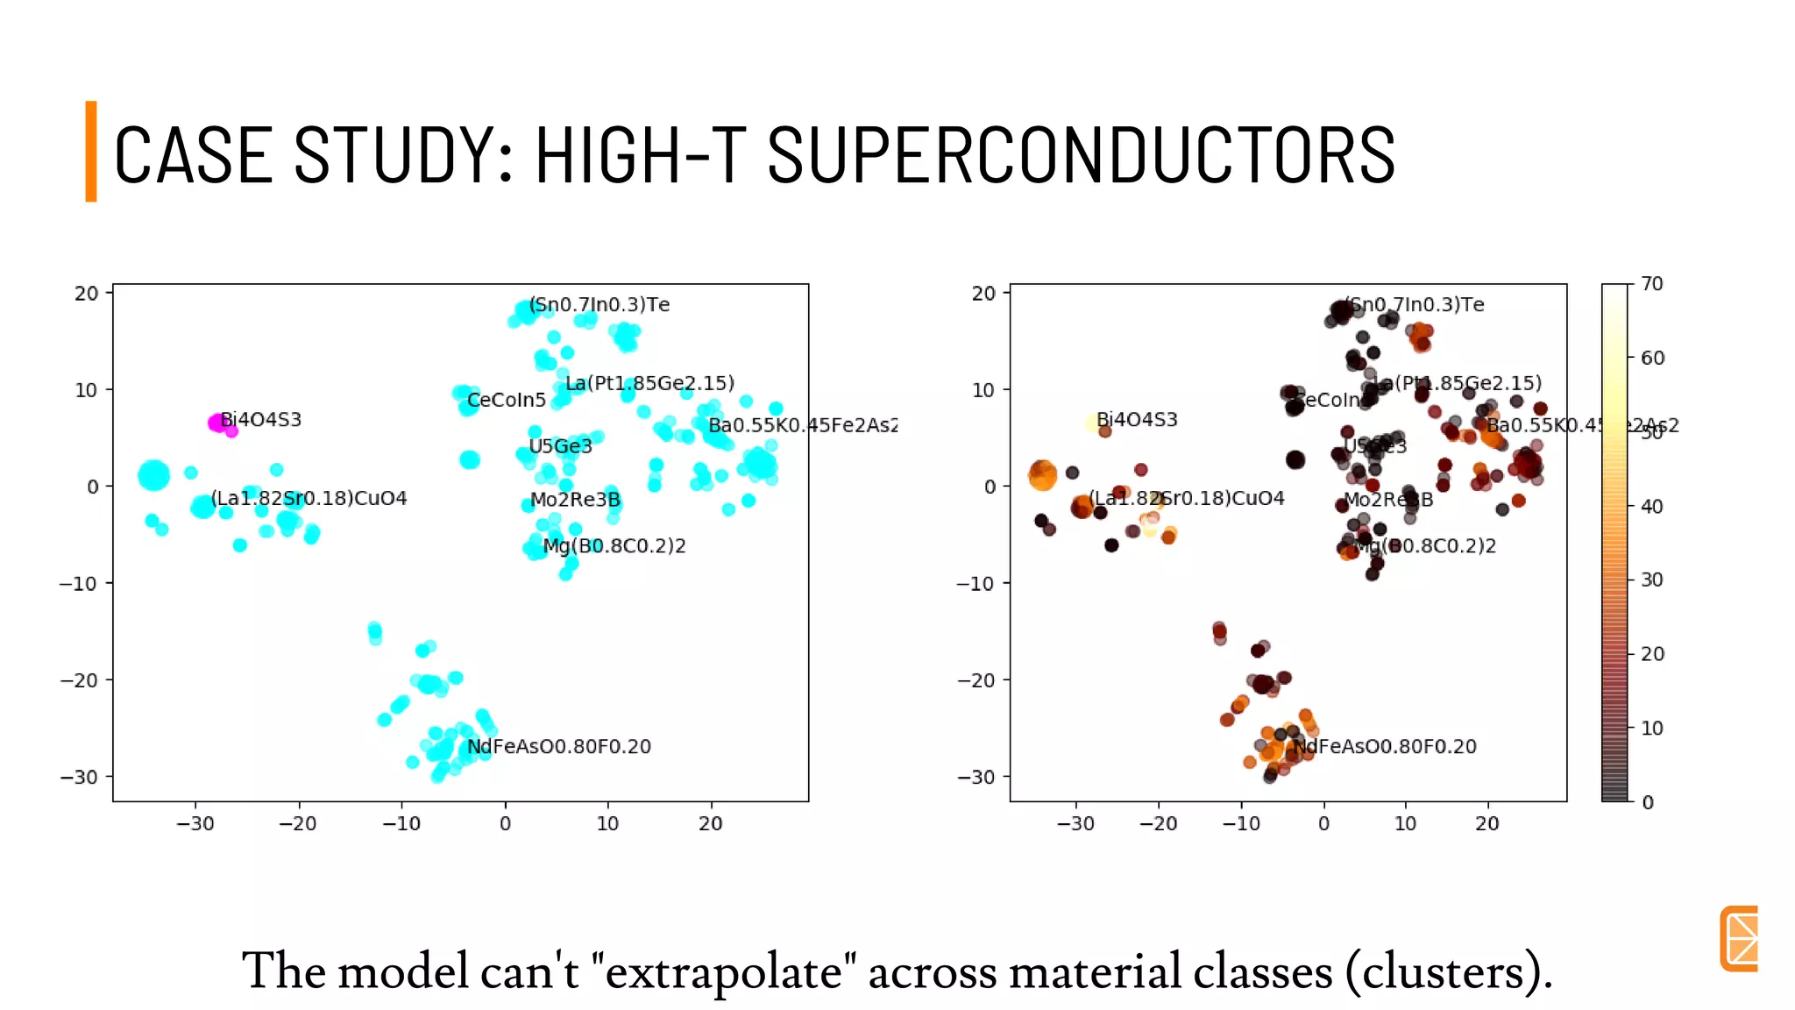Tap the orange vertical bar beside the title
(90, 152)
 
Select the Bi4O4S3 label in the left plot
(261, 419)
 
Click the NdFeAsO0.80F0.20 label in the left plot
(559, 747)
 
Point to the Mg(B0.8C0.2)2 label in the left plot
(614, 546)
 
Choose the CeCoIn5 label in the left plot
(507, 401)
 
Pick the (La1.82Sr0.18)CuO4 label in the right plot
(1187, 498)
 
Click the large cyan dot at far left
(154, 475)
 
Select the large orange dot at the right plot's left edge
(1042, 475)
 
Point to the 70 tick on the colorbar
(1652, 284)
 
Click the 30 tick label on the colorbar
(1652, 580)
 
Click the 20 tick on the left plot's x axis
(711, 823)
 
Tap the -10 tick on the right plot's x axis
(1241, 823)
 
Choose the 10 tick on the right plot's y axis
(983, 389)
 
